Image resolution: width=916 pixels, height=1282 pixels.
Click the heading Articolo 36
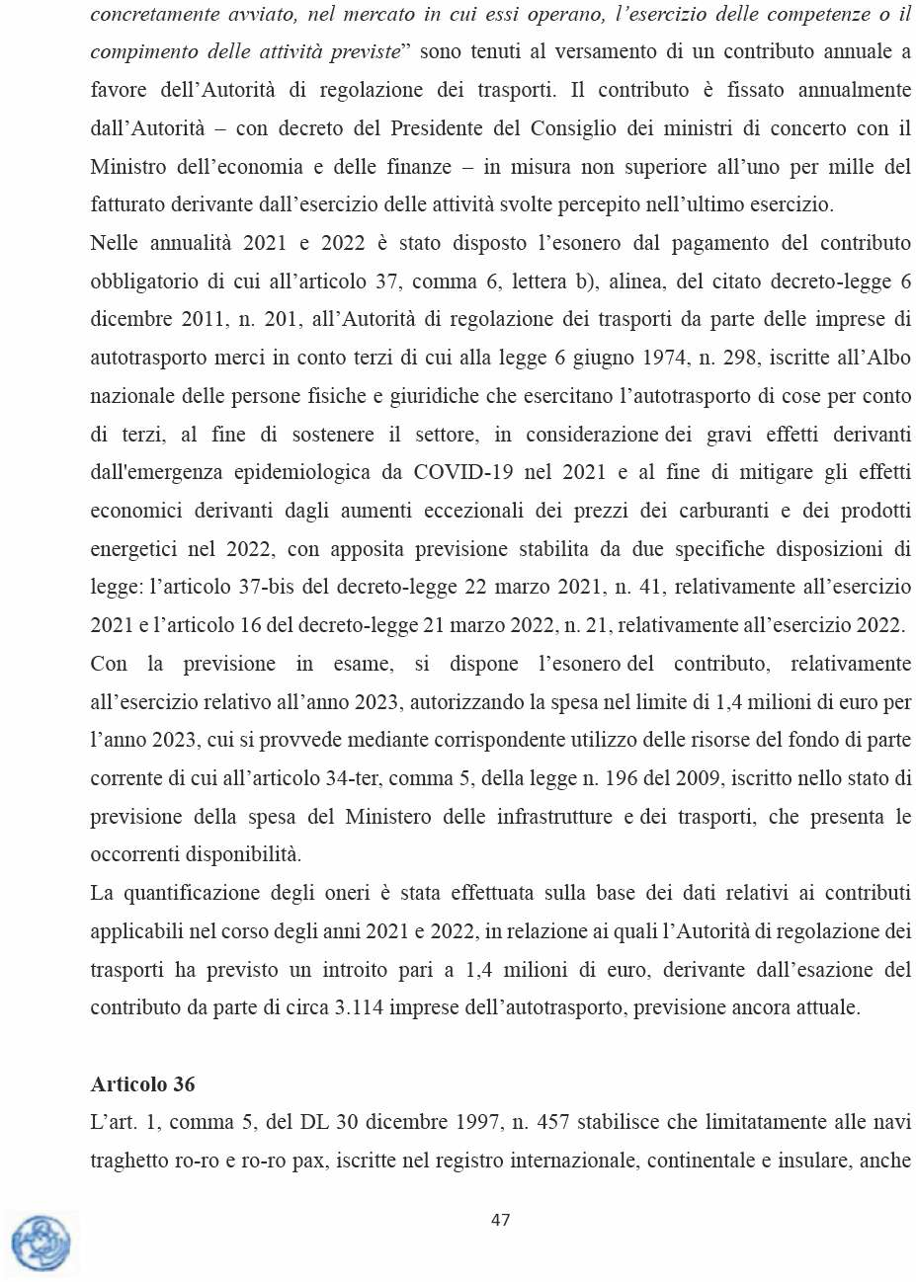tap(142, 1083)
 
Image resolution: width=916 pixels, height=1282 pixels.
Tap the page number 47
tap(501, 1220)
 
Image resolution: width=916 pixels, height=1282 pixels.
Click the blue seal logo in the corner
tap(41, 1242)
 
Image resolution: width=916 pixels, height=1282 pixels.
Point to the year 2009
tap(698, 778)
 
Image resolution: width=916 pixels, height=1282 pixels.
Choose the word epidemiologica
tap(301, 472)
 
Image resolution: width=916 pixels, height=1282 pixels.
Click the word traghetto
tap(128, 1161)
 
